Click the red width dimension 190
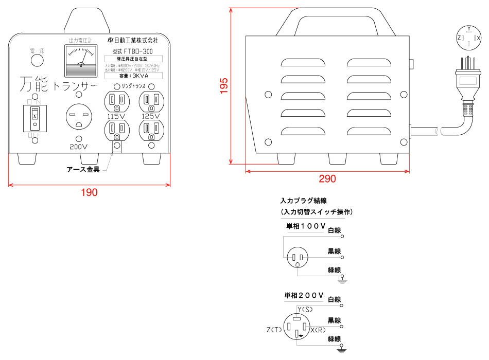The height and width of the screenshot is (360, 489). (90, 192)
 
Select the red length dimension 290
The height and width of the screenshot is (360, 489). (327, 179)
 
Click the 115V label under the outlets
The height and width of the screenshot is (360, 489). (116, 116)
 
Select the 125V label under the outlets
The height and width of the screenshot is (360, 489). (151, 116)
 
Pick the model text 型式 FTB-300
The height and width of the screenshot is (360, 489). (133, 51)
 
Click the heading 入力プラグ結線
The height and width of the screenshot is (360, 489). (304, 201)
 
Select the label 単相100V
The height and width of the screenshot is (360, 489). (306, 226)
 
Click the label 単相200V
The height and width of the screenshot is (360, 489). (304, 296)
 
